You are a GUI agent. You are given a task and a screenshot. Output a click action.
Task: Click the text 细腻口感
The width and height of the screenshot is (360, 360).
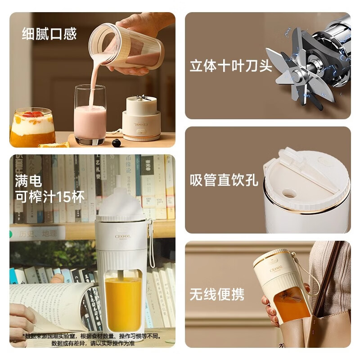tap(49, 34)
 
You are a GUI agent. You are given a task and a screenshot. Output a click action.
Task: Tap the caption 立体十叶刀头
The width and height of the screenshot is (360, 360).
tap(230, 66)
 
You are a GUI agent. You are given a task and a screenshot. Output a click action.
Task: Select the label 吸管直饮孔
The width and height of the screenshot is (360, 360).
tap(224, 180)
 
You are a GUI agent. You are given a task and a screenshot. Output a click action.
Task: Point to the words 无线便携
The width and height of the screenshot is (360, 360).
tap(216, 294)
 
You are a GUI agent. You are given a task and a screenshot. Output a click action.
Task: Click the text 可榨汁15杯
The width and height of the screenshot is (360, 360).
tap(49, 197)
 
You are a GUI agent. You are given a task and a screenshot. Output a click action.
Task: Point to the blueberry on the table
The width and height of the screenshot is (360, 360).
tap(117, 143)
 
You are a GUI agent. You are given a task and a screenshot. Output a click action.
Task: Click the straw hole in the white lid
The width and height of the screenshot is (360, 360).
tap(289, 193)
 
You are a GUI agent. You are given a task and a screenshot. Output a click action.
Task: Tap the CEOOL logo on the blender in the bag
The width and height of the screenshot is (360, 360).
tap(276, 269)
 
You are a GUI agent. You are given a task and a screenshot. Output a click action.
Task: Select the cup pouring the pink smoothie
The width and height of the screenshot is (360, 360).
tap(128, 47)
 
